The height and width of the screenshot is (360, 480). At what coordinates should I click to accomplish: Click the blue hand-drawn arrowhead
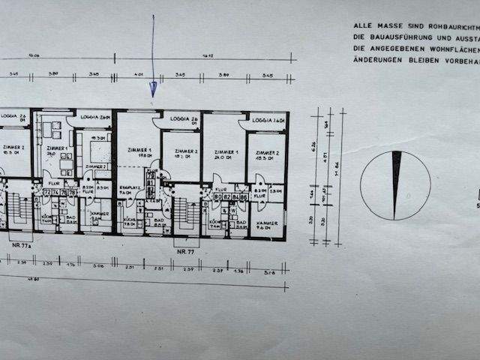[x=153, y=90]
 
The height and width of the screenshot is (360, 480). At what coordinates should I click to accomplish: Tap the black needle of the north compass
[x=396, y=184]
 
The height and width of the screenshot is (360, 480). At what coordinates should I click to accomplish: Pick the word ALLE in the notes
[x=362, y=25]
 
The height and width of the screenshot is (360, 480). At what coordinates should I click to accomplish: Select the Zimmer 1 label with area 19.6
[x=139, y=154]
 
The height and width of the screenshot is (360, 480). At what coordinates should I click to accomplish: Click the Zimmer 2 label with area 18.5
[x=265, y=155]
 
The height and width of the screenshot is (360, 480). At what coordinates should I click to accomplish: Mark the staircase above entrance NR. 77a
[x=19, y=210]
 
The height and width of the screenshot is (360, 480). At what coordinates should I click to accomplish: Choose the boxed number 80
[x=217, y=198]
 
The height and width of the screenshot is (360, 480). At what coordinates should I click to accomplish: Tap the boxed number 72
[x=46, y=193]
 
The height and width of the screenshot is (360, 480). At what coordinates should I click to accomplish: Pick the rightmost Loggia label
[x=266, y=121]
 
